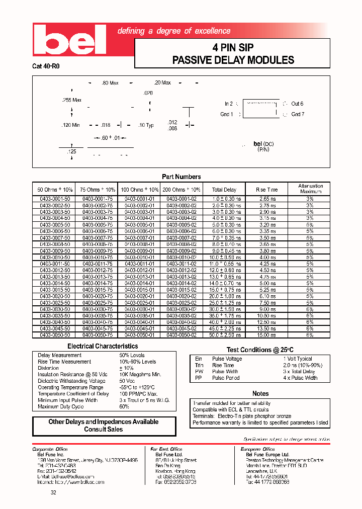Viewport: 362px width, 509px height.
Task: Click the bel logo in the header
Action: click(69, 40)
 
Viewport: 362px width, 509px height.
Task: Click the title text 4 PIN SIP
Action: click(233, 48)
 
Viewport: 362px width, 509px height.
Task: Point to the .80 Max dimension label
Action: click(110, 82)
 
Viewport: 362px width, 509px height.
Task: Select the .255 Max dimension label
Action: click(71, 100)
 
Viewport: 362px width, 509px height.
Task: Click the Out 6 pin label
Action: click(297, 104)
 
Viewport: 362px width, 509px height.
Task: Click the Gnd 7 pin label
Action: click(298, 114)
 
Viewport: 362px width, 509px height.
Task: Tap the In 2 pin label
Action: click(228, 104)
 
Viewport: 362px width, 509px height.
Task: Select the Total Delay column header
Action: click(224, 190)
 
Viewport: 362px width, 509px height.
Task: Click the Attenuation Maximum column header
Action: click(310, 189)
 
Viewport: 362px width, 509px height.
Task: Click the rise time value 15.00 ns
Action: click(266, 334)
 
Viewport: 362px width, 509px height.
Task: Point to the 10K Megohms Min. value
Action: click(140, 375)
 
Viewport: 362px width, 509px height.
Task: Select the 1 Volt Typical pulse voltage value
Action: click(297, 359)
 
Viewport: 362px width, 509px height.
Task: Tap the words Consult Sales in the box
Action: click(104, 430)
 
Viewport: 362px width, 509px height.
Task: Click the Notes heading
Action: click(260, 393)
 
